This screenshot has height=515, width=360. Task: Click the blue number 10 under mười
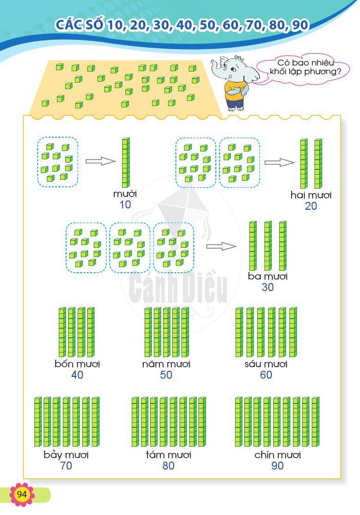coord(125,205)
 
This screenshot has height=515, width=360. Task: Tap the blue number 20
coord(311,206)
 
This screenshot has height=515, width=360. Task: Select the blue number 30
coord(267,287)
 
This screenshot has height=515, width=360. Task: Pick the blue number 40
coord(77,375)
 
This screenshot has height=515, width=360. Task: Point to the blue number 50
coord(166,375)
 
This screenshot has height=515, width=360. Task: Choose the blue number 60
coord(266,375)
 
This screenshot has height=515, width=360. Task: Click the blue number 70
coord(66,466)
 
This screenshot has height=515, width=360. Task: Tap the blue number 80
coord(168,466)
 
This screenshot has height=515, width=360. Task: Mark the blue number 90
coord(277,466)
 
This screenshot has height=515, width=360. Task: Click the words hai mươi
coord(311,195)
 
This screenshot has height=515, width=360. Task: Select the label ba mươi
coord(267,276)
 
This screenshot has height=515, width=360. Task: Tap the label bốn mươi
coord(77,364)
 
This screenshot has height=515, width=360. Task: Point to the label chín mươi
coord(277,454)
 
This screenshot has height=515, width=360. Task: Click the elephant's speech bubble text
coord(305,67)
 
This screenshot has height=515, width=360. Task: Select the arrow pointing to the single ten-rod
coord(101,161)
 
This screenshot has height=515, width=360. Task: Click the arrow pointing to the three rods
coord(221,246)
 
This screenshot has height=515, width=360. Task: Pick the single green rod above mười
coord(126,162)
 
